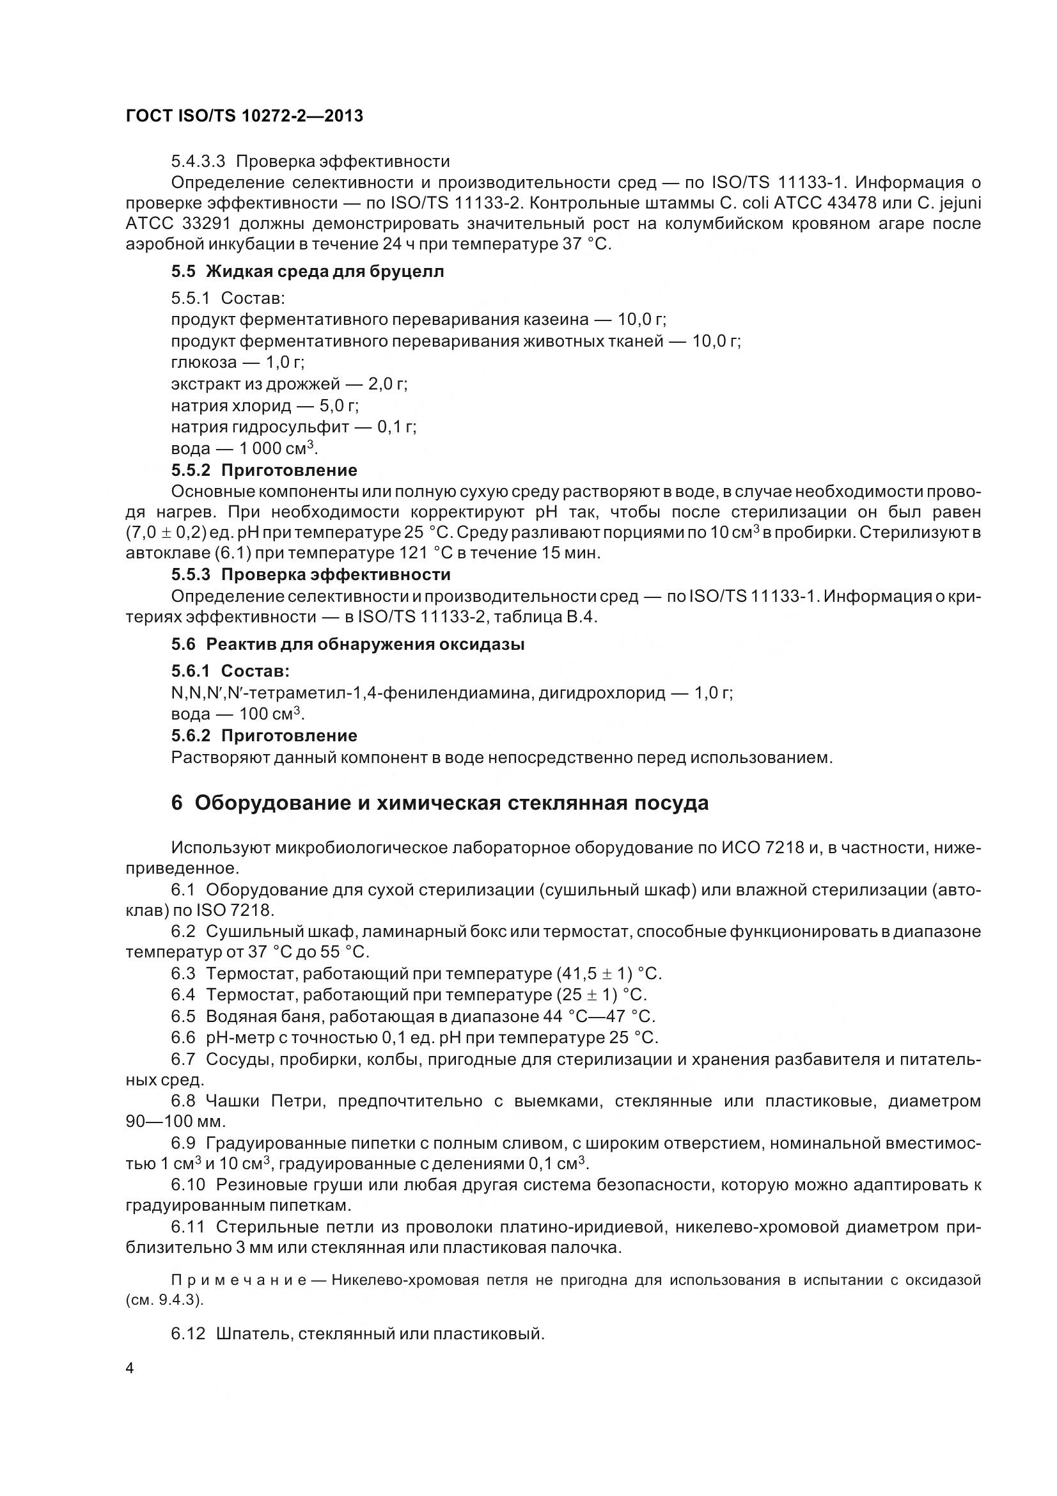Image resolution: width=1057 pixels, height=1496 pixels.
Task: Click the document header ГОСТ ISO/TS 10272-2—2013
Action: pos(244,116)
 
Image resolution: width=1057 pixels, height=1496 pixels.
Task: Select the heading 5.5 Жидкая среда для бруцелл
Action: pos(308,272)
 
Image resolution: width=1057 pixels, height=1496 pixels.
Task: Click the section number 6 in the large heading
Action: pos(176,803)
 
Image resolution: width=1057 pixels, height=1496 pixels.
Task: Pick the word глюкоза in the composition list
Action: pos(204,362)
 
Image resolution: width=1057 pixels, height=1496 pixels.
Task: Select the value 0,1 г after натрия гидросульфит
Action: pos(396,427)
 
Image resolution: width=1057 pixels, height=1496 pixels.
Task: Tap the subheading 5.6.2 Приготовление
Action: pos(265,736)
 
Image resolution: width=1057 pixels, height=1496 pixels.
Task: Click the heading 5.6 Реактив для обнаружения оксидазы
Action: pos(348,645)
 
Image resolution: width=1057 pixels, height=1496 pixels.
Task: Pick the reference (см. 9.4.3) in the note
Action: pos(165,1300)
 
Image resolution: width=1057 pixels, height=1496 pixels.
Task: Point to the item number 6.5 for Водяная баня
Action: pos(183,1016)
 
